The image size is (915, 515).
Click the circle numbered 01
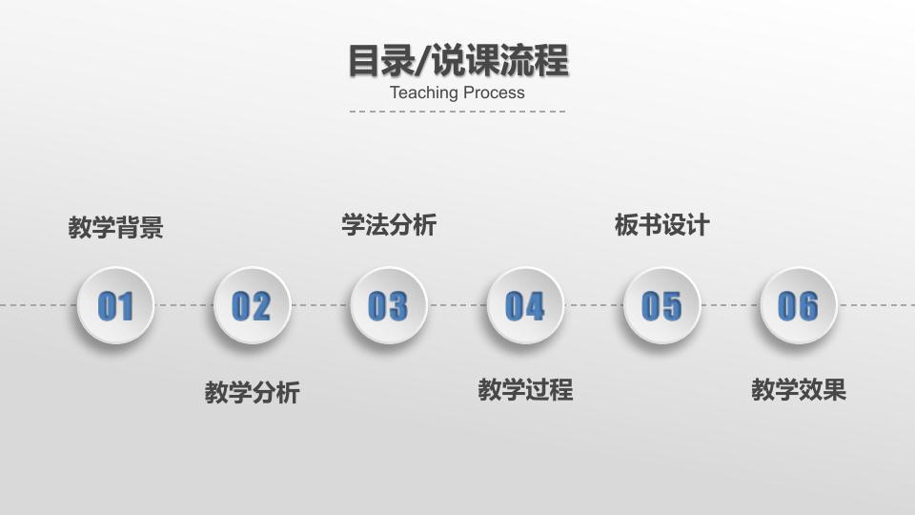pyautogui.click(x=115, y=305)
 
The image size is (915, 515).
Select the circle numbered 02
pyautogui.click(x=252, y=305)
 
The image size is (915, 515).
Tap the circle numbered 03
pyautogui.click(x=388, y=305)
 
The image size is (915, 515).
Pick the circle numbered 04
pyautogui.click(x=525, y=305)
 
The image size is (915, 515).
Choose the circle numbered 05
pyautogui.click(x=661, y=305)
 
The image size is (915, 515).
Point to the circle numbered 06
pyautogui.click(x=798, y=305)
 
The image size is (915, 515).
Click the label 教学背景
pyautogui.click(x=116, y=228)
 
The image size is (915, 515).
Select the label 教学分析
pyautogui.click(x=253, y=392)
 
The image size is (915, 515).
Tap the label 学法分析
pyautogui.click(x=389, y=225)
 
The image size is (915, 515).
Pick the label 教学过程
pyautogui.click(x=525, y=389)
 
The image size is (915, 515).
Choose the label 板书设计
pyautogui.click(x=662, y=225)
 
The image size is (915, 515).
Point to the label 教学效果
pyautogui.click(x=799, y=389)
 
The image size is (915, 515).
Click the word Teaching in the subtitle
pyautogui.click(x=425, y=93)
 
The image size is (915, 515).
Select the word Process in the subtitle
pyautogui.click(x=495, y=93)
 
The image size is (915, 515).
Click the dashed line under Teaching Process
pyautogui.click(x=457, y=112)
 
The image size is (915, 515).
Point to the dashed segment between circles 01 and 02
pyautogui.click(x=184, y=305)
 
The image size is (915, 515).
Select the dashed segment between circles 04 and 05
pyautogui.click(x=594, y=305)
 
